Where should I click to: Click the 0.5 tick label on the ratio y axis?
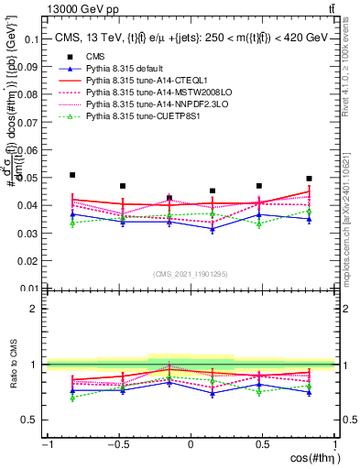(x=32, y=420)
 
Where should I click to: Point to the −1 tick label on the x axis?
(x=47, y=444)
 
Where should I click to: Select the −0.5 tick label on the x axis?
(x=116, y=444)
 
